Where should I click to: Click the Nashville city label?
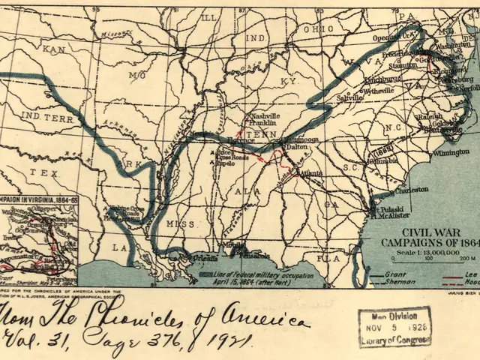click(x=265, y=117)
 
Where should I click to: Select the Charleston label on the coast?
click(x=412, y=190)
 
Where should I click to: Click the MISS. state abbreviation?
click(x=181, y=224)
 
